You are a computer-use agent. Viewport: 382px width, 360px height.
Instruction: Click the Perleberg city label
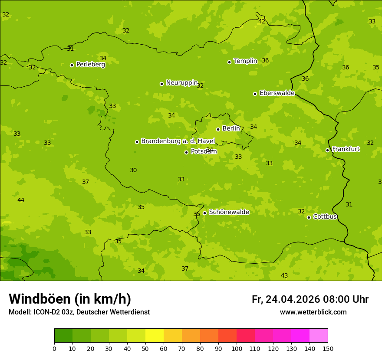click(x=90, y=65)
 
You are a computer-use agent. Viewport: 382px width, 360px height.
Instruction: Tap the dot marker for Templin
click(x=229, y=62)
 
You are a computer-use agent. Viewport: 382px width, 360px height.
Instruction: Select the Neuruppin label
click(x=181, y=83)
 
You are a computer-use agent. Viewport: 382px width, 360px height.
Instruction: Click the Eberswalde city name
click(x=277, y=93)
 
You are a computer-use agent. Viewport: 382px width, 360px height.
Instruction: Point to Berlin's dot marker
click(x=218, y=129)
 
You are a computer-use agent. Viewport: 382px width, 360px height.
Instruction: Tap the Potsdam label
click(x=204, y=152)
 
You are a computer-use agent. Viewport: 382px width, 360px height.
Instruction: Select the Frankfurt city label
click(x=346, y=149)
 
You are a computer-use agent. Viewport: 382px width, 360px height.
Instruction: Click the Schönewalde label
click(x=229, y=212)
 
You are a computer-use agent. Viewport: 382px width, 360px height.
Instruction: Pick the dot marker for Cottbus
click(x=309, y=217)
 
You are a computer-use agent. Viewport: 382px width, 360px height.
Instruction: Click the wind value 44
click(x=21, y=200)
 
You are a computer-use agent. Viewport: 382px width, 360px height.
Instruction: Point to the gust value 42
click(x=262, y=21)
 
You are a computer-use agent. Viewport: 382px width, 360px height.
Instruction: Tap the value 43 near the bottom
click(x=284, y=275)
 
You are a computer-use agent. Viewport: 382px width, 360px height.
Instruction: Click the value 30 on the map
click(x=133, y=170)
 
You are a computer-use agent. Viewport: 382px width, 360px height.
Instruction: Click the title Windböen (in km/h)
click(x=70, y=299)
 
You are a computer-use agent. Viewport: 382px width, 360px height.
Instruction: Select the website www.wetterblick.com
click(x=313, y=312)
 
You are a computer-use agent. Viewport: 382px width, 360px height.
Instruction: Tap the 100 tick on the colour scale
click(x=237, y=348)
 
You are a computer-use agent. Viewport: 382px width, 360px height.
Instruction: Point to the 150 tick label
click(x=328, y=348)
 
